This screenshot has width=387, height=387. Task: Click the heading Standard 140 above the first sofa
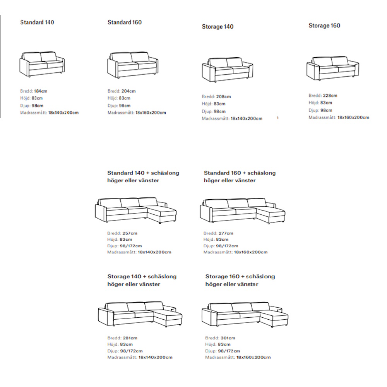37,22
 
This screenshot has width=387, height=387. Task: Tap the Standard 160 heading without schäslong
125,22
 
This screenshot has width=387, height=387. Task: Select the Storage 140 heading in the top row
217,27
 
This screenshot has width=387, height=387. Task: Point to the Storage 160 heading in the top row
324,26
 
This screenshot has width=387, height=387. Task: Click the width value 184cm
41,91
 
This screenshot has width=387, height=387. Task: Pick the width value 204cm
128,91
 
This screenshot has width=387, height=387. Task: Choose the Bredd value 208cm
224,97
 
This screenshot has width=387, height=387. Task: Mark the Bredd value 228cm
330,96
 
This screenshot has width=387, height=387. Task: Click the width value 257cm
130,233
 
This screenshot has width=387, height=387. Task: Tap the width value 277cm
226,233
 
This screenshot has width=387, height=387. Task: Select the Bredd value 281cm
130,338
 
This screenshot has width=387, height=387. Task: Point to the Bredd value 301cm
228,338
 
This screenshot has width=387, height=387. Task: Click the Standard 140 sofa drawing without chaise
42,64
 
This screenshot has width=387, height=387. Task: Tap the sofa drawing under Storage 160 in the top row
332,68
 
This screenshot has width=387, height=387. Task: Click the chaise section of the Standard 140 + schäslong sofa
162,214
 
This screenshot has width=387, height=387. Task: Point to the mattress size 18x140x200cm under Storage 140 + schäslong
156,357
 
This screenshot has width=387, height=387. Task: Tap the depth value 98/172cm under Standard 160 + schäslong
227,246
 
